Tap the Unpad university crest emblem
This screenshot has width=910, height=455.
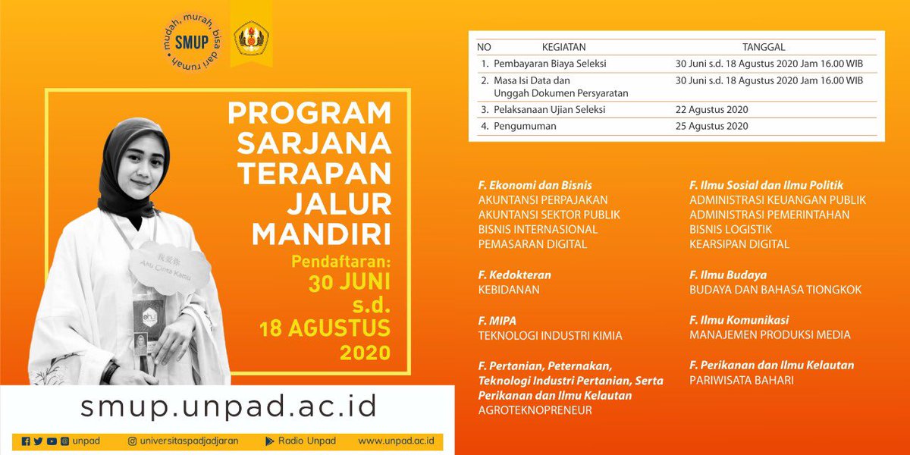tap(253, 39)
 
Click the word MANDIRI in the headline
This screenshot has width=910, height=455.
tap(322, 233)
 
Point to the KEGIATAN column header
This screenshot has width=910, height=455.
tap(563, 47)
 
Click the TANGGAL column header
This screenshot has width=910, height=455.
tap(764, 47)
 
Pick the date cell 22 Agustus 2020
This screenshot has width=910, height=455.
tap(711, 110)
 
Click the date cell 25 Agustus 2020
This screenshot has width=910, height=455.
tap(711, 126)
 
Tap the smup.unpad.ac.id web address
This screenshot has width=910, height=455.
tap(228, 406)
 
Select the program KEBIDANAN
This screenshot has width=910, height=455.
tap(510, 290)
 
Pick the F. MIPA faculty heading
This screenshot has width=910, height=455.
tap(497, 320)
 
